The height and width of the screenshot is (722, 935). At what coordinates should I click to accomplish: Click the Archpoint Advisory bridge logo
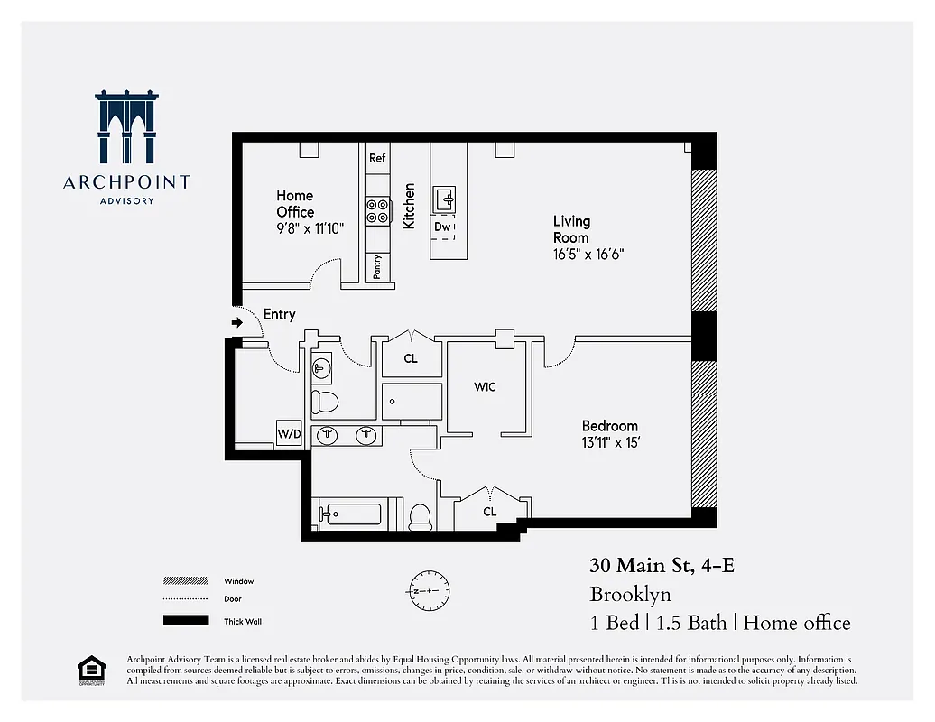[x=127, y=126]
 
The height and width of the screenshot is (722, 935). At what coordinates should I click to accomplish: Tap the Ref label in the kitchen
[x=377, y=158]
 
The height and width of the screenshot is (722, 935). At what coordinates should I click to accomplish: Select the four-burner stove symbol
[x=377, y=211]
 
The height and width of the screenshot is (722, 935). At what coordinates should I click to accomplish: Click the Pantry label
[x=377, y=267]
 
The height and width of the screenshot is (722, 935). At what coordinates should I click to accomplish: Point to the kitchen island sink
[x=445, y=198]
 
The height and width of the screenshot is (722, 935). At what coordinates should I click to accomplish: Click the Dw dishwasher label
[x=442, y=227]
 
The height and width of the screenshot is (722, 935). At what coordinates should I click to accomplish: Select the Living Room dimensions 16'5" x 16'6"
[x=588, y=255]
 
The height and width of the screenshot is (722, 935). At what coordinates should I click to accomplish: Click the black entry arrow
[x=237, y=322]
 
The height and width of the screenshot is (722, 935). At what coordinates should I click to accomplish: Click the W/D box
[x=289, y=434]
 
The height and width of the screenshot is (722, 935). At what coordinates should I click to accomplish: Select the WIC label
[x=485, y=387]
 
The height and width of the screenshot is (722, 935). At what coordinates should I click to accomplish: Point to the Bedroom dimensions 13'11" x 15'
[x=610, y=442]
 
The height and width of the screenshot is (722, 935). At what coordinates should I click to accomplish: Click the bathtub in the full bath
[x=353, y=514]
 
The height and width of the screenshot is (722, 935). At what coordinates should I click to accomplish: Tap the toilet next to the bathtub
[x=420, y=515]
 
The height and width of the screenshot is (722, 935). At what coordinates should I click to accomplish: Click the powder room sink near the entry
[x=322, y=368]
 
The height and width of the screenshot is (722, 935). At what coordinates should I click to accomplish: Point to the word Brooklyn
[x=630, y=595]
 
